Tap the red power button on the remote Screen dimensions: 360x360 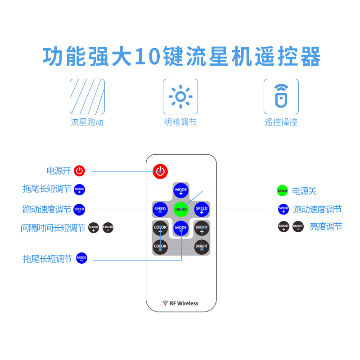160,171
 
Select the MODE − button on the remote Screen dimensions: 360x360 181,228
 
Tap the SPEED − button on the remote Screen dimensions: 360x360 160,209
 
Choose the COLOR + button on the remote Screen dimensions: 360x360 160,228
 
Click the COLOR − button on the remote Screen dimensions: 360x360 160,247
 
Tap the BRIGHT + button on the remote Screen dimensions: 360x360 202,228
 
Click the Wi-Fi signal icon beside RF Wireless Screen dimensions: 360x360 165,303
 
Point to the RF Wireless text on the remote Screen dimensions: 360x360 184,303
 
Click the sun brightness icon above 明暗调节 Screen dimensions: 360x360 180,96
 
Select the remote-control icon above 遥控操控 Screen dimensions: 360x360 281,96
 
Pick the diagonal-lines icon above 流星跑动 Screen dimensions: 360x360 87,96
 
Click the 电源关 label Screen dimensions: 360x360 304,191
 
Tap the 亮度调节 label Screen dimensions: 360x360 326,227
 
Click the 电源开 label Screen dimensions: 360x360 58,171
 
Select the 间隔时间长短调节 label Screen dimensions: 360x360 53,228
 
